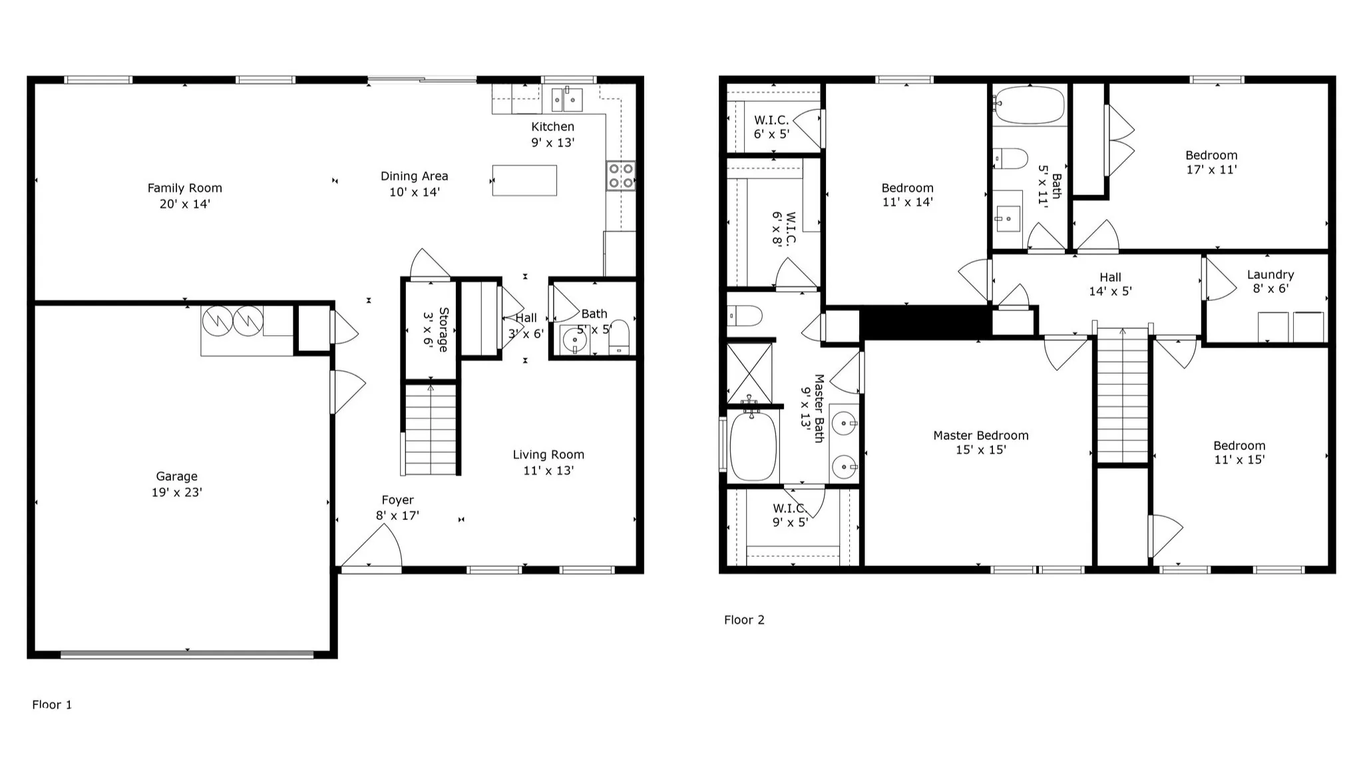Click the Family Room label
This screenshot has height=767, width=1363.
[184, 188]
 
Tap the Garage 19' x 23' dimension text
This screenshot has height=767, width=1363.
[176, 493]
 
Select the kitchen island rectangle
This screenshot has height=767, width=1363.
[524, 180]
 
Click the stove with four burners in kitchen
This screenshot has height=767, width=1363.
[620, 176]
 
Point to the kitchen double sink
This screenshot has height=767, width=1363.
[567, 99]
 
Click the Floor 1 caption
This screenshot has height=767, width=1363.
[52, 704]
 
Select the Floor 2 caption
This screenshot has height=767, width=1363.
[744, 620]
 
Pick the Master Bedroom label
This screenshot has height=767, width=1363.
[980, 435]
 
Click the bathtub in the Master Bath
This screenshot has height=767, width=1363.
[753, 445]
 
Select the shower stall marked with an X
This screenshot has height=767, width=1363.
[749, 373]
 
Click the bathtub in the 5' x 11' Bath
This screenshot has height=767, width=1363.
[1029, 105]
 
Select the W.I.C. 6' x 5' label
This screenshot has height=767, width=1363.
[771, 127]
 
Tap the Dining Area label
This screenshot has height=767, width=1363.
[414, 176]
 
